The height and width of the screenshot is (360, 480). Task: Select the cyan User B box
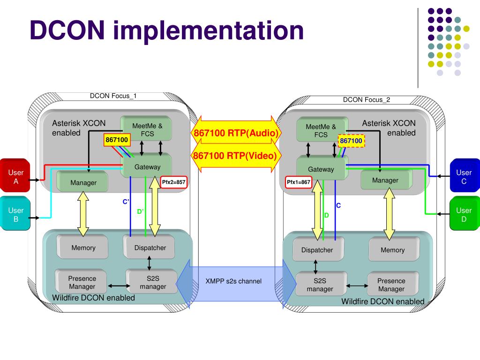tap(16, 215)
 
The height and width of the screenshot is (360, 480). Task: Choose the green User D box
tap(464, 215)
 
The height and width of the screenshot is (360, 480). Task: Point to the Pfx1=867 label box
tap(299, 182)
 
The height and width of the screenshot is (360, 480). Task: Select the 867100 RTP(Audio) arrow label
tap(236, 133)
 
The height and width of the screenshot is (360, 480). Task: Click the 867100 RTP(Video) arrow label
tap(236, 155)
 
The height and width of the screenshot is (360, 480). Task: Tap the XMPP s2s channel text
tap(233, 281)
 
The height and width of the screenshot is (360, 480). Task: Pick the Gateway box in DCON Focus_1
tap(147, 167)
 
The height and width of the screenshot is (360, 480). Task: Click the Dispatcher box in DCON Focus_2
tap(317, 250)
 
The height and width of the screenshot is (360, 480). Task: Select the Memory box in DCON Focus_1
tap(83, 247)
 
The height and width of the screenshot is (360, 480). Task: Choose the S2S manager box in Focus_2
tap(320, 285)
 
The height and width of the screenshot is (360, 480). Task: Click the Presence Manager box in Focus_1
tap(82, 282)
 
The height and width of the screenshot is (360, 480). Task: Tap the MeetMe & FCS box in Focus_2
tap(321, 130)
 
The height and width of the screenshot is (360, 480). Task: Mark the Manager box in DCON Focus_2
tap(385, 180)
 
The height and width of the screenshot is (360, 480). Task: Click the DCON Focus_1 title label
tap(113, 96)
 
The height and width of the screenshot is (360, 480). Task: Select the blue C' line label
tap(126, 202)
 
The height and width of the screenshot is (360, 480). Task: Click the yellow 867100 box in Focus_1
tap(117, 140)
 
